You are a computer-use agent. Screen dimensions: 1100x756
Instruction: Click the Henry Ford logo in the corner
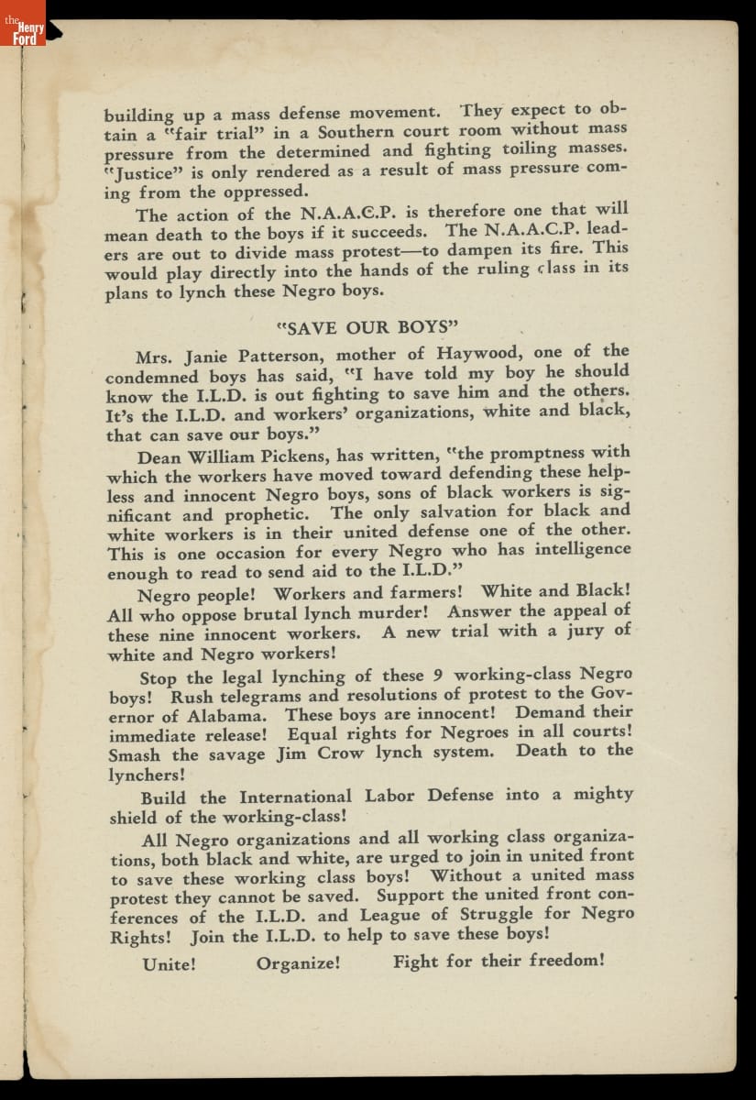tap(23, 27)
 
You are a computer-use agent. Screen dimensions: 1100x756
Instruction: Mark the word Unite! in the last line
tap(170, 964)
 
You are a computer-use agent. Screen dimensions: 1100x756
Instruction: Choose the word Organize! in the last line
tap(299, 963)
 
